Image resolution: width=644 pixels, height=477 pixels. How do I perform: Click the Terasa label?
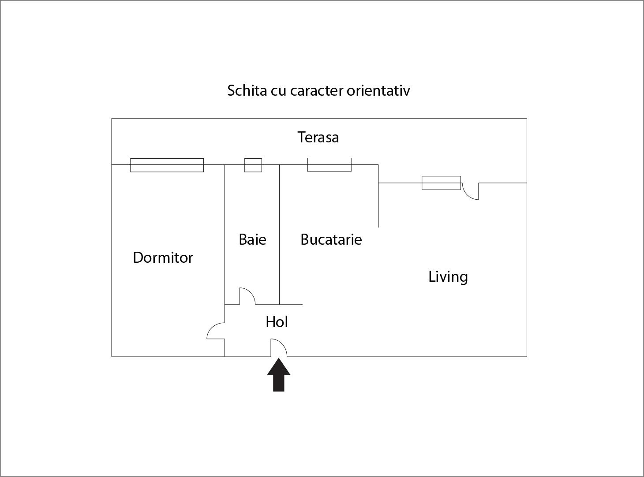coord(318,137)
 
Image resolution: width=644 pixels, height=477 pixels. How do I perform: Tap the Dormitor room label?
coord(163,257)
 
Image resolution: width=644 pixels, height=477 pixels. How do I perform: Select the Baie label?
coord(252,239)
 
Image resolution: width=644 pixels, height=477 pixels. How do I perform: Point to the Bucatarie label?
coord(331,239)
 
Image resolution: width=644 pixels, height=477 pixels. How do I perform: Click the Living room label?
coord(448,277)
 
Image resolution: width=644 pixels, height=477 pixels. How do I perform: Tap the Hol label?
coord(277,322)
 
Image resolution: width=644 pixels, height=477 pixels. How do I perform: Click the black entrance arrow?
coord(278,375)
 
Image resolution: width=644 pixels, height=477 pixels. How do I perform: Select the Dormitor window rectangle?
coord(167,165)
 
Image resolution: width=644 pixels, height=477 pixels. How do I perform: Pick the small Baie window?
coord(253,165)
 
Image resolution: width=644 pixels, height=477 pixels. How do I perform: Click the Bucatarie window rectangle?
coord(329,164)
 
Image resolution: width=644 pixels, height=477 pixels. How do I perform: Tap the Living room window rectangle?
coord(441,183)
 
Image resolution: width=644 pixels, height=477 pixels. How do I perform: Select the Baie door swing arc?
coord(247,296)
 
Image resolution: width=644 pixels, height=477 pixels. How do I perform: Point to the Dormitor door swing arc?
coord(216,331)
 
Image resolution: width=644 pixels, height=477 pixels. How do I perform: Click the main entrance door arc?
coord(279,347)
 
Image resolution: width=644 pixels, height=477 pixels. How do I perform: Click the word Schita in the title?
coord(247,90)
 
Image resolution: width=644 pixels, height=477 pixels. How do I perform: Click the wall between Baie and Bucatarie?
coord(279,235)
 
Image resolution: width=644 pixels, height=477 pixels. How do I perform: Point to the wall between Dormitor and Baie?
coord(225,261)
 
